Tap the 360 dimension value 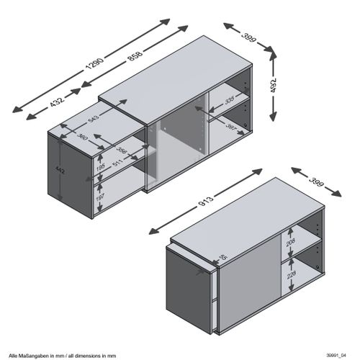[x=84, y=136]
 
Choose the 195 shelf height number [x=101, y=168]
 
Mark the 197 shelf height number [x=101, y=195]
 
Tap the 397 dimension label [x=232, y=127]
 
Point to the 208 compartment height [x=290, y=244]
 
